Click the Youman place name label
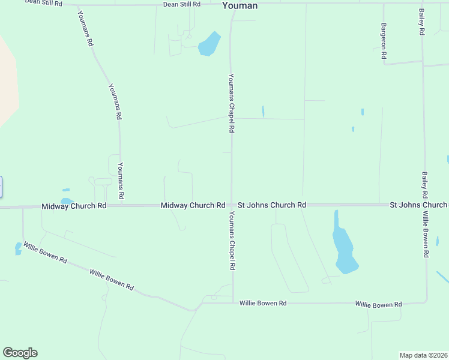[x=240, y=5]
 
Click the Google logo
[x=20, y=353]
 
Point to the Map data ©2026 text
[x=423, y=355]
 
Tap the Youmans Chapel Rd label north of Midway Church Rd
[x=231, y=103]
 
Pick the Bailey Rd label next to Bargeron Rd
[x=422, y=22]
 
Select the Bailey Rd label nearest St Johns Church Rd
[x=424, y=185]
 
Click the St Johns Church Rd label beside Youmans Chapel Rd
[x=272, y=205]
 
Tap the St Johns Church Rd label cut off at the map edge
[x=418, y=205]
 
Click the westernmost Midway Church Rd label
[x=74, y=206]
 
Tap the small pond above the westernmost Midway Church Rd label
[x=67, y=201]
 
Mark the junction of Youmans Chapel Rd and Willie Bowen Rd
[x=233, y=303]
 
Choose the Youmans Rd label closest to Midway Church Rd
[x=121, y=181]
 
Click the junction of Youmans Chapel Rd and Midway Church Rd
[x=232, y=205]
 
